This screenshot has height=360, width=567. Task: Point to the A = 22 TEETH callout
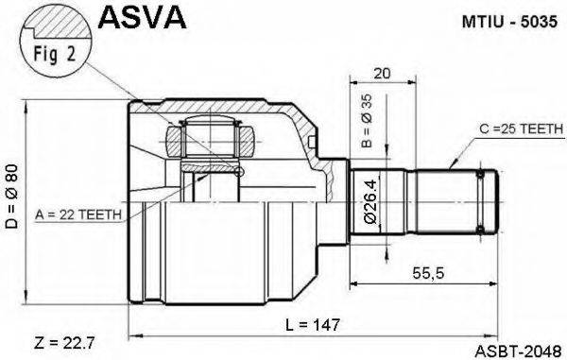[x=77, y=214]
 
